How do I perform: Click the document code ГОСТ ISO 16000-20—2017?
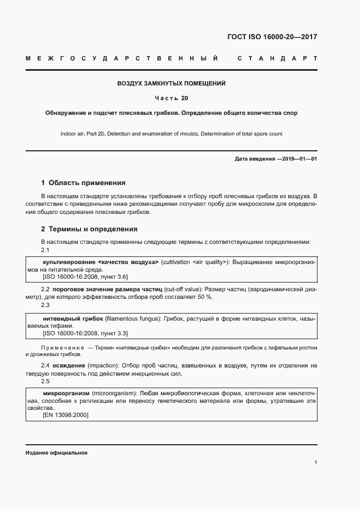272,38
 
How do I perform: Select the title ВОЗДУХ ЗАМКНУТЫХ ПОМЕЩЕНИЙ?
171,84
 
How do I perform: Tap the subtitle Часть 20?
171,99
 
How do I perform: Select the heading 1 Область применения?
83,183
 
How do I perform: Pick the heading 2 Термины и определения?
89,229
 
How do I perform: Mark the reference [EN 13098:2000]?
65,415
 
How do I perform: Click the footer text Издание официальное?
56,453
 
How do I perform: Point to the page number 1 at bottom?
315,463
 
